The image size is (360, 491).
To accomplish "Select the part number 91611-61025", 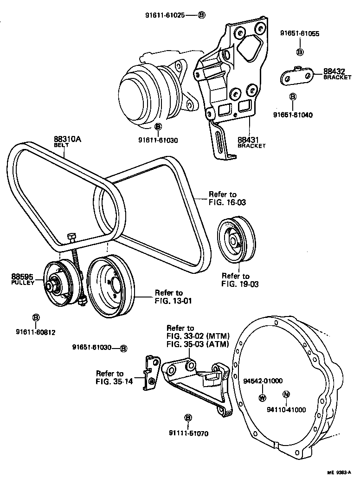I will coord(164,15).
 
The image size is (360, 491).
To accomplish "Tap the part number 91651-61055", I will coord(300,33).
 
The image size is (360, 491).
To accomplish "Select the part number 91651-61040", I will coord(293,115).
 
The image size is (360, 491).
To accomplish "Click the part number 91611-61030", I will coord(158,140).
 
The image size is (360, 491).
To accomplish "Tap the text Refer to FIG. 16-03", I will coord(222,199).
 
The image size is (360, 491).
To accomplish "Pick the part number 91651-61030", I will coord(92,348).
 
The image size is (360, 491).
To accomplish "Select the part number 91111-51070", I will coord(188,434).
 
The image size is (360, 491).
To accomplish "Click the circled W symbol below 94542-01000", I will coord(262,397).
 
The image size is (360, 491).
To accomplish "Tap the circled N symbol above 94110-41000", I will coord(286,394).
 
